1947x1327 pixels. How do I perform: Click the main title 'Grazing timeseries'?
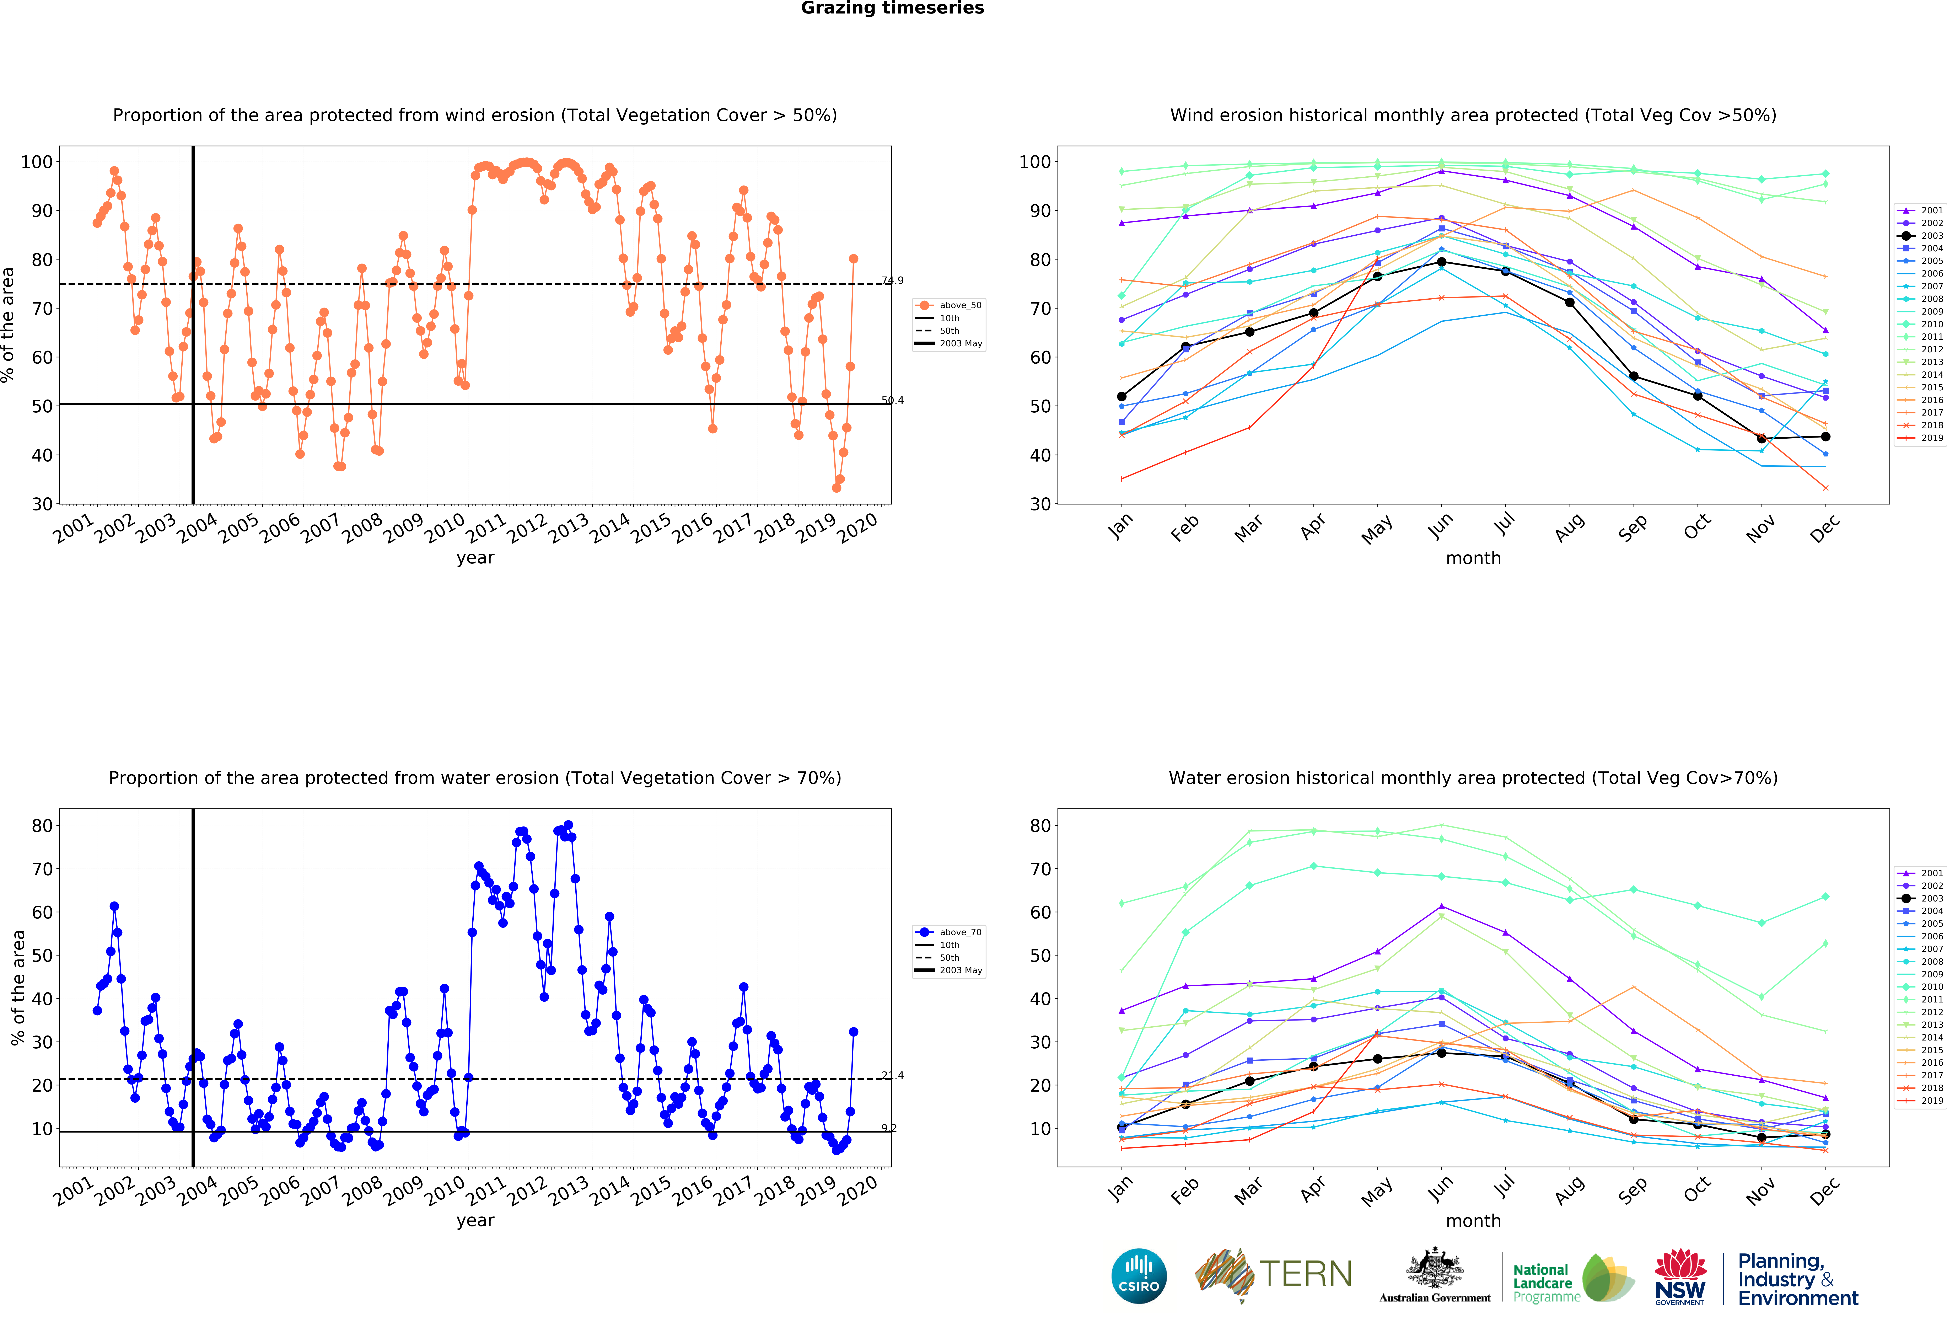(x=892, y=8)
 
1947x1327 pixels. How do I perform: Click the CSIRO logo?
(x=1139, y=1276)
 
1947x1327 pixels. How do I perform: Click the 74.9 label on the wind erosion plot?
(x=892, y=281)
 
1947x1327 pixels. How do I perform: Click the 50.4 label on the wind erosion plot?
(x=892, y=400)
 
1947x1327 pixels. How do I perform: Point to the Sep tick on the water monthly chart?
(x=1633, y=1190)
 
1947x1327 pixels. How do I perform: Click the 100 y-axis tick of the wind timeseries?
(x=37, y=162)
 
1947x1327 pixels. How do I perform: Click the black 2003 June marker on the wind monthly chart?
(x=1441, y=262)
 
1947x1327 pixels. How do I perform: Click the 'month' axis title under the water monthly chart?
(x=1473, y=1221)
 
